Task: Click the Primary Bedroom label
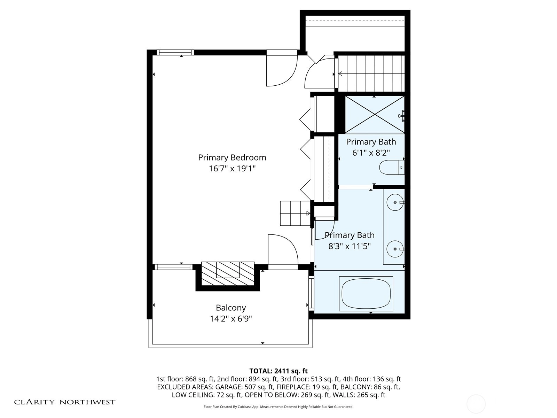point(232,157)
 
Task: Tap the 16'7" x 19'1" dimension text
point(232,169)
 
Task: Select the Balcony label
point(231,308)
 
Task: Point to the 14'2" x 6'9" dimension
point(231,318)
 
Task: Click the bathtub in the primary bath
point(366,293)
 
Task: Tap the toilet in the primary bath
point(392,168)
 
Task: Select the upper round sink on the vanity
point(395,202)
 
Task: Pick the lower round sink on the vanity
point(395,249)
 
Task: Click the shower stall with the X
point(375,115)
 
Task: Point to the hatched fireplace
point(228,273)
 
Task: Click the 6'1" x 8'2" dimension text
point(371,153)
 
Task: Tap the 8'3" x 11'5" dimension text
point(350,246)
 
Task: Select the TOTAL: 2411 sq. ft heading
point(278,371)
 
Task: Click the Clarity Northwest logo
point(64,402)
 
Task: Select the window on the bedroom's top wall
point(175,53)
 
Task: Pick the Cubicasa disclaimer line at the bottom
point(278,407)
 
